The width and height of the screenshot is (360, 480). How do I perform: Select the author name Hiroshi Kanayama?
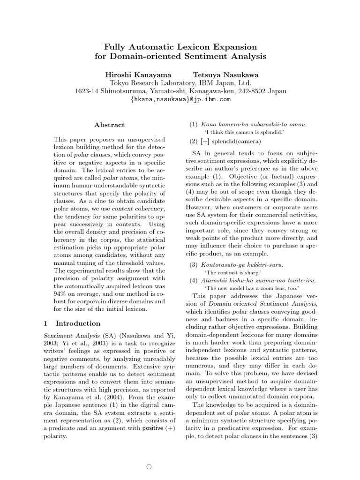(x=138, y=75)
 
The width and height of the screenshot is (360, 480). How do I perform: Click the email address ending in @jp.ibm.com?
(x=180, y=99)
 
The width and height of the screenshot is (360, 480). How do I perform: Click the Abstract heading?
(x=110, y=125)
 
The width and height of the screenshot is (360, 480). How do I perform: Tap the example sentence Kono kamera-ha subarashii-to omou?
(x=254, y=124)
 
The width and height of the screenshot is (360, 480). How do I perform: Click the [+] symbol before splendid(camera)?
(x=204, y=142)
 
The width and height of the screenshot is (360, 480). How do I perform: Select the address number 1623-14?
(x=87, y=91)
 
